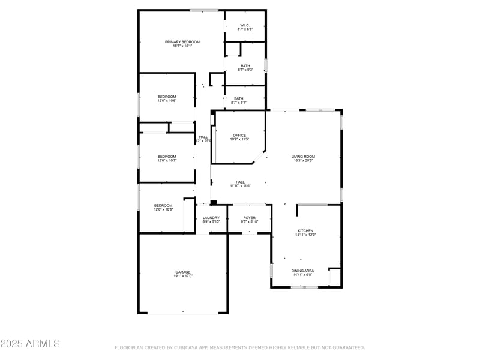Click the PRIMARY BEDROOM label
[182, 41]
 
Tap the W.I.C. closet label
[245, 25]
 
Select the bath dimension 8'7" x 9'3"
[245, 70]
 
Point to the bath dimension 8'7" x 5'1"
[239, 103]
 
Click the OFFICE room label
[239, 135]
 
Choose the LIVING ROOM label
[304, 157]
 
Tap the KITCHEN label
[305, 230]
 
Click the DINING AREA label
[302, 271]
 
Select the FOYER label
[249, 218]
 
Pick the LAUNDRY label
[211, 218]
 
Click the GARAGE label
[183, 272]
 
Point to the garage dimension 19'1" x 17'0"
[183, 276]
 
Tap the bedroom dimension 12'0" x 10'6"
[167, 101]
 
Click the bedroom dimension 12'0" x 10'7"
[167, 159]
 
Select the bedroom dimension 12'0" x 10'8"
[164, 209]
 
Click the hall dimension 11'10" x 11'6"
[240, 186]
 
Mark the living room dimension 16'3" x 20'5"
[304, 161]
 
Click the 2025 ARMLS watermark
[30, 344]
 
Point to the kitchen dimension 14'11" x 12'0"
[305, 235]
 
